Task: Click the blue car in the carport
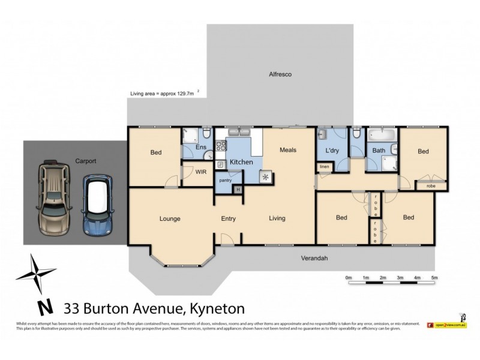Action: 97,205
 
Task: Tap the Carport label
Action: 86,161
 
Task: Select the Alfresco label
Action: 280,74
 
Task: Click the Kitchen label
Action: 241,162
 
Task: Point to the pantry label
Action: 226,180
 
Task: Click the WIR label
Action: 201,172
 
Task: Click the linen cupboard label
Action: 324,166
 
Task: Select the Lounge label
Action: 170,218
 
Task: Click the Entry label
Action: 229,218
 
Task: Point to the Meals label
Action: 288,150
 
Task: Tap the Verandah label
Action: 314,258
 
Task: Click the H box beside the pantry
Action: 238,190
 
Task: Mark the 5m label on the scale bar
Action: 434,278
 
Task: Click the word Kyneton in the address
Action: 217,309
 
